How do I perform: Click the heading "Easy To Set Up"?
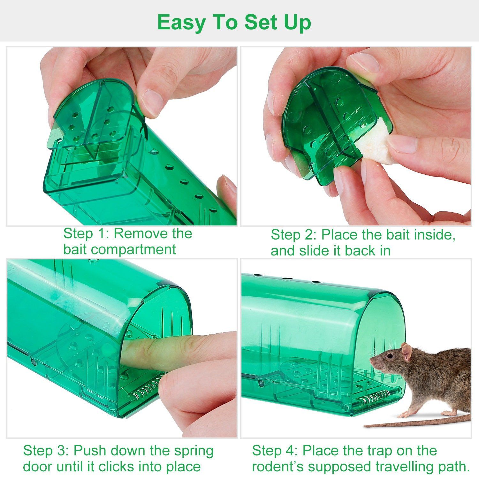(x=234, y=22)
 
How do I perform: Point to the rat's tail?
(x=415, y=422)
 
